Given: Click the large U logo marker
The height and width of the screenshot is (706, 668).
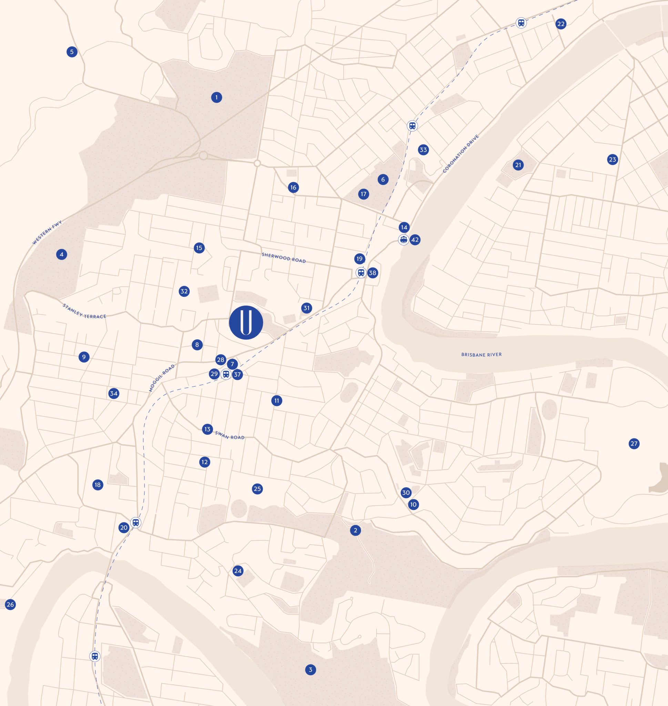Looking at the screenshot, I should tap(246, 322).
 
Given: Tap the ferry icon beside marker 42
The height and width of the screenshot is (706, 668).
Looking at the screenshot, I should tap(403, 240).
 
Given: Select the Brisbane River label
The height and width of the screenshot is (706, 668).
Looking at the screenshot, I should tap(481, 355).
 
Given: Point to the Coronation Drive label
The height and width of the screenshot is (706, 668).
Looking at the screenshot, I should tap(461, 153).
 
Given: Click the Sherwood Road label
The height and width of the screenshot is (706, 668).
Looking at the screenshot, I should tap(283, 258).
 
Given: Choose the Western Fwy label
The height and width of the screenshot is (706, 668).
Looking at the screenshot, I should tap(47, 232).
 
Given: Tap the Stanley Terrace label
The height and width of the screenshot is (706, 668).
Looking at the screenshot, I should tap(84, 311).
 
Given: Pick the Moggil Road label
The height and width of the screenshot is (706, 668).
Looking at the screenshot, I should tap(162, 378).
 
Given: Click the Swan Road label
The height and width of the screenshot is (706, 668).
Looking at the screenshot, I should tap(230, 435).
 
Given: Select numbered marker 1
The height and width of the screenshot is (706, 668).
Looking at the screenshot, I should tap(216, 97).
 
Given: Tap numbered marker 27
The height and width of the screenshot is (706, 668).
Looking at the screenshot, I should tap(634, 444).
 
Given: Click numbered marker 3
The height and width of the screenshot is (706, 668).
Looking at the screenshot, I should tap(310, 670).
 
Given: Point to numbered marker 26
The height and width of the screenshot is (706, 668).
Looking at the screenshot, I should tap(10, 604).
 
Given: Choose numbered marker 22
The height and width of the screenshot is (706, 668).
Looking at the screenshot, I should tap(561, 24).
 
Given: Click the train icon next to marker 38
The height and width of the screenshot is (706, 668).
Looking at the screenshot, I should tap(361, 273).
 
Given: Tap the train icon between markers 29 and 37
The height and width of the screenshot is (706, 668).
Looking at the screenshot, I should tap(226, 374).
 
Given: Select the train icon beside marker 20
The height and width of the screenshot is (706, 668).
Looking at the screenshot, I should tap(136, 522).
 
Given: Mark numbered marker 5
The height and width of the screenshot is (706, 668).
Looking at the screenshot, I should tap(72, 52).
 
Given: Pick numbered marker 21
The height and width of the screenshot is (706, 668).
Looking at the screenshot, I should tap(518, 165).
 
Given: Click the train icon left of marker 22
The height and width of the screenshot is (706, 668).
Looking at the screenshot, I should tap(521, 23).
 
